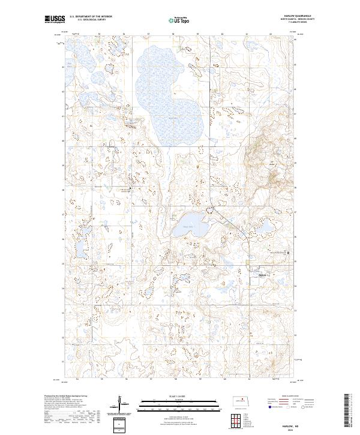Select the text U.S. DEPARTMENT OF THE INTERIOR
[91, 16]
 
